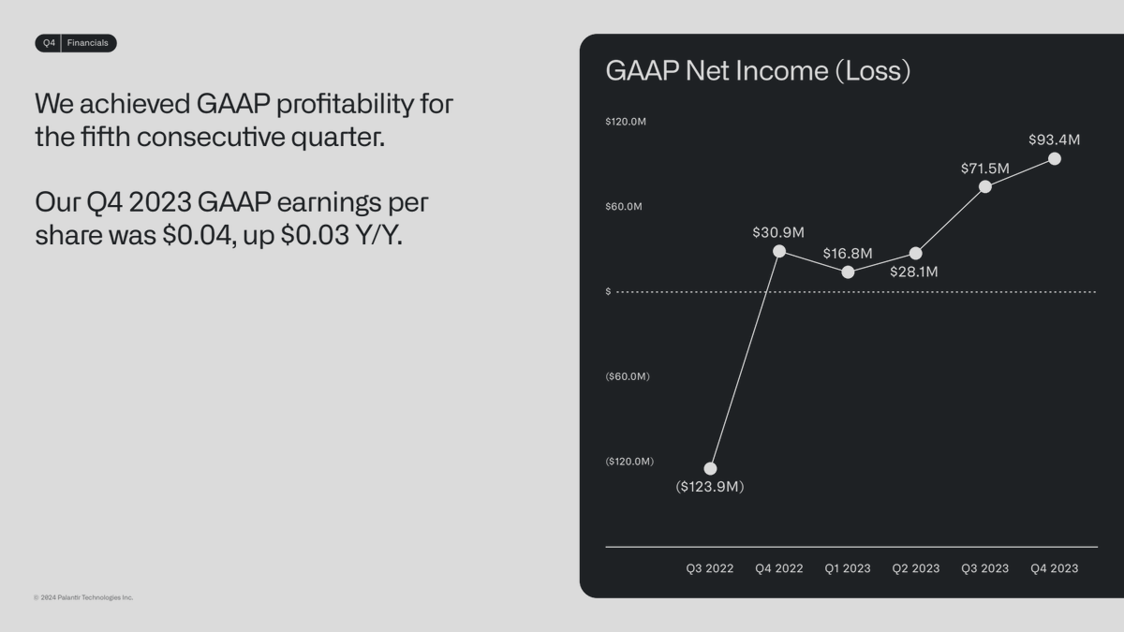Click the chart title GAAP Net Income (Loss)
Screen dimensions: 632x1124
(x=758, y=71)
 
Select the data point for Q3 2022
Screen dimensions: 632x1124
(x=710, y=468)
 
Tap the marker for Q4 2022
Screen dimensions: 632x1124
(x=779, y=251)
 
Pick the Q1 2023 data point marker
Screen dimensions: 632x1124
(x=848, y=272)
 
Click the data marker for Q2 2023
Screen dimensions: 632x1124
(x=916, y=254)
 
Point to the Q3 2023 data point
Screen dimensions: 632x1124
(x=985, y=186)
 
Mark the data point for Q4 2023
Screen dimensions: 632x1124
(x=1055, y=158)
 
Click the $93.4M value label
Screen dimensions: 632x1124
(x=1054, y=140)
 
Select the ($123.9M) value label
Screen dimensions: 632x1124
(x=710, y=487)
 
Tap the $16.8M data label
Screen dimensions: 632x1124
(x=848, y=254)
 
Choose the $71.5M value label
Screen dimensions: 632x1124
(x=984, y=169)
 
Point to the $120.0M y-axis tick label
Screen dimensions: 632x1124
(x=626, y=122)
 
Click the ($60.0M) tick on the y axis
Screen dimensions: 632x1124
(x=628, y=376)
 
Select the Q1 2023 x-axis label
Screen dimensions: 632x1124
(x=848, y=568)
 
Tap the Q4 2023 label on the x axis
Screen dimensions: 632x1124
(x=1055, y=568)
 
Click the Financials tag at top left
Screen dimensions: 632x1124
(x=87, y=43)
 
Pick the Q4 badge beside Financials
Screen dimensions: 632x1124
(x=49, y=43)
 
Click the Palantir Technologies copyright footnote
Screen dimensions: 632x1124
(x=83, y=597)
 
